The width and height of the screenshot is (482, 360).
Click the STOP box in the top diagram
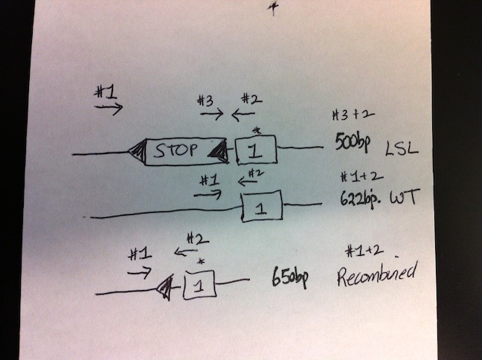tap(179, 150)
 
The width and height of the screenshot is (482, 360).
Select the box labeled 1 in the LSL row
tap(255, 150)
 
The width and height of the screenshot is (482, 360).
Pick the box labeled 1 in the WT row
tap(261, 206)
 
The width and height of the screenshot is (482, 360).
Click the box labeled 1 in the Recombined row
tap(199, 284)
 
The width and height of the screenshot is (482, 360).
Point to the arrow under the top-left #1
tap(108, 108)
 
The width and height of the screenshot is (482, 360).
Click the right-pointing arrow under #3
tap(211, 115)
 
